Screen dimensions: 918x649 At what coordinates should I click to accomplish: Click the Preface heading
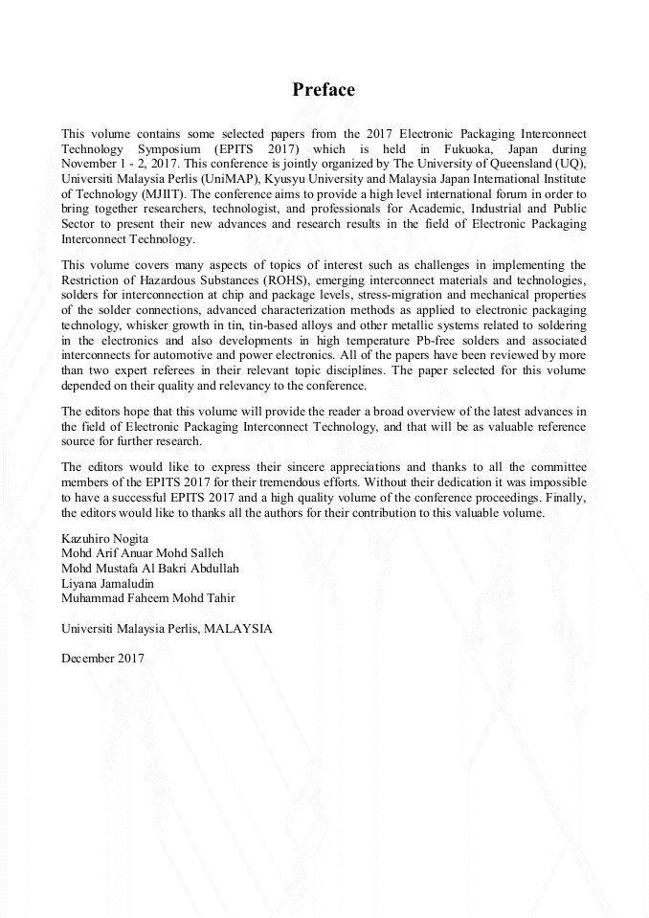coord(324,90)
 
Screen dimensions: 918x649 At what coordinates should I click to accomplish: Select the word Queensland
coord(522,164)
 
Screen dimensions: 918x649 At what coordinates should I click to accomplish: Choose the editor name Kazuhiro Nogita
coord(104,537)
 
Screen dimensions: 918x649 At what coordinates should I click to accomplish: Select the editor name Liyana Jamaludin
coord(107,582)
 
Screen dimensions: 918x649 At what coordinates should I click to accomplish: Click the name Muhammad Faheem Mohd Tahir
coord(147,597)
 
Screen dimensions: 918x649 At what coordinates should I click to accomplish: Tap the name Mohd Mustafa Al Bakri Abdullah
coord(149,568)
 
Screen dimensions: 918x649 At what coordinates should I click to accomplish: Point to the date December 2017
coord(102,658)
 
